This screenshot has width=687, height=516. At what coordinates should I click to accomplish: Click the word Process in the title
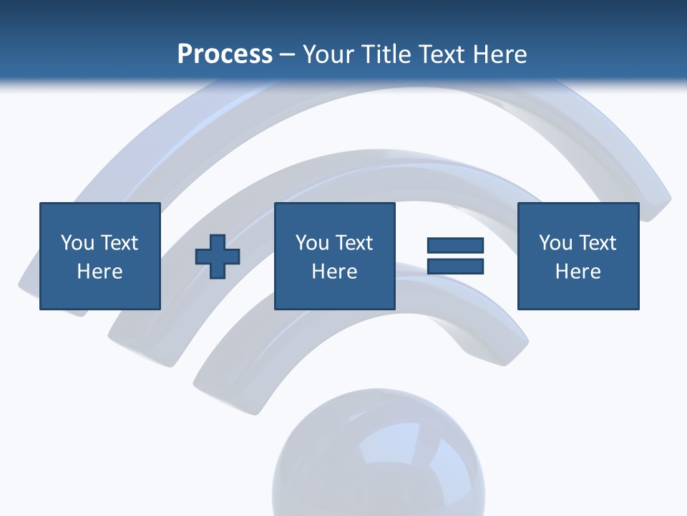pos(225,54)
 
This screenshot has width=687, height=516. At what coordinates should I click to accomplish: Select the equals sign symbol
pos(455,256)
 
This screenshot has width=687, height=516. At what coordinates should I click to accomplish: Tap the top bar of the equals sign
pos(455,246)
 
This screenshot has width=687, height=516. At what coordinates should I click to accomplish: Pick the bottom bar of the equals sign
pos(455,266)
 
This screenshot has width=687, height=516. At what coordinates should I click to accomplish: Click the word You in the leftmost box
pos(77,243)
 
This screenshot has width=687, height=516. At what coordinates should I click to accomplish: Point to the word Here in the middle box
pos(335,272)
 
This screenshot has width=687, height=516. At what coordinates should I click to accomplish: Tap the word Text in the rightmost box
pos(597,243)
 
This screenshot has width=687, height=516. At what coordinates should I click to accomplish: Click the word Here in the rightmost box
pos(578,272)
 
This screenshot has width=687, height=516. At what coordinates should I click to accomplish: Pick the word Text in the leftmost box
pos(119,243)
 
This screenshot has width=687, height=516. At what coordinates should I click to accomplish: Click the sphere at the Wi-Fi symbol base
pos(378,459)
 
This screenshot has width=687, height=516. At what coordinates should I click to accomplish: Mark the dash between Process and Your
pos(288,54)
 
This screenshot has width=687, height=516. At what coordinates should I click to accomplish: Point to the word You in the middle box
pos(312,243)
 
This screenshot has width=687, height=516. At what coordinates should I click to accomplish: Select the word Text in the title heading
pos(440,54)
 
